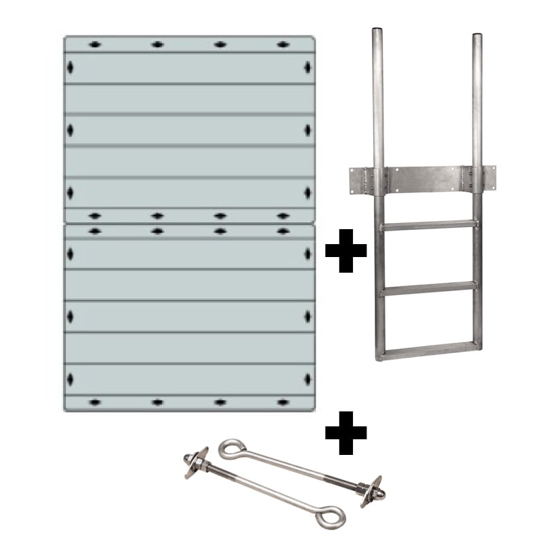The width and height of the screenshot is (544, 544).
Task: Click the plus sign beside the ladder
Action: (345, 250)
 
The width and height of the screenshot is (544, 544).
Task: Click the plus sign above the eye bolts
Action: (345, 431)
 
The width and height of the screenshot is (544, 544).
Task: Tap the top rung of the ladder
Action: (427, 224)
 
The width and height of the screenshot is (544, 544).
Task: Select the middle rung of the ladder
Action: (427, 288)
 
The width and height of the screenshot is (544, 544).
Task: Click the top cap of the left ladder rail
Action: (377, 32)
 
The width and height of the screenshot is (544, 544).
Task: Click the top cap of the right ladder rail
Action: (477, 32)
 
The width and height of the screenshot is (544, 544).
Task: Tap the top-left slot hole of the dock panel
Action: (95, 45)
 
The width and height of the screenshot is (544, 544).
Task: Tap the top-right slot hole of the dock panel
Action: (283, 45)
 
